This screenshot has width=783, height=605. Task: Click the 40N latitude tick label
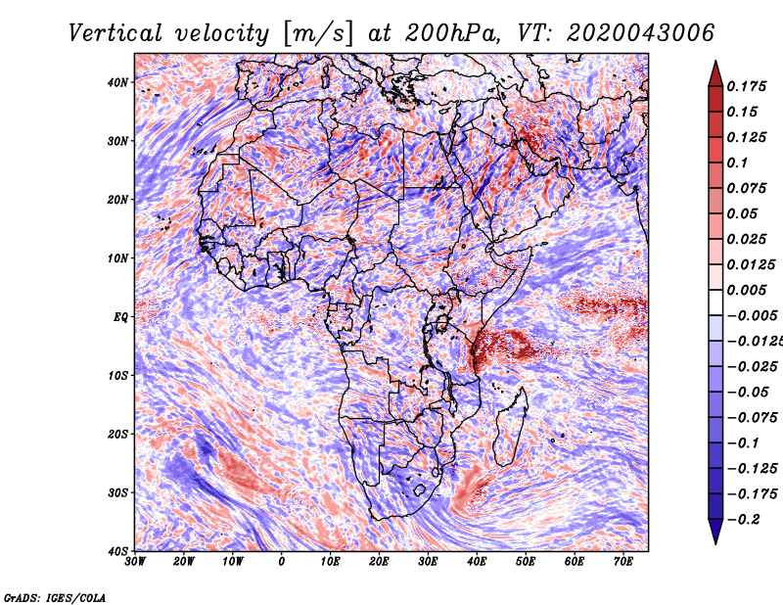point(117,82)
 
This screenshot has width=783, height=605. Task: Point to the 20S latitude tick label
point(117,434)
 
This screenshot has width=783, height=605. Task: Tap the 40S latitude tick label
point(117,551)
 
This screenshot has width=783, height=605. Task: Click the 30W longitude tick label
point(135,562)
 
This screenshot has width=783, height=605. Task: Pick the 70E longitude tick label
point(623,562)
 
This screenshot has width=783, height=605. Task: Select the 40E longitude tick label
point(477,562)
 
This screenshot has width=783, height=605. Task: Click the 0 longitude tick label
point(282,562)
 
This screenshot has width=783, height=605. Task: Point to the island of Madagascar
point(507,423)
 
